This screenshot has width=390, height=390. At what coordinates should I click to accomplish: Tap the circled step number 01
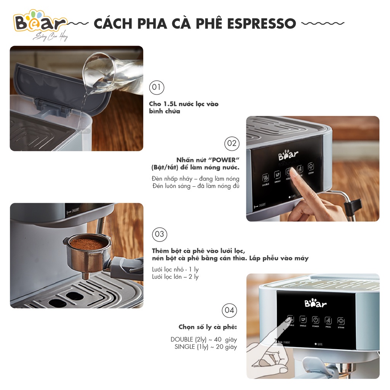tap(156, 88)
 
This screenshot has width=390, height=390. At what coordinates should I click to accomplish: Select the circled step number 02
tap(232, 143)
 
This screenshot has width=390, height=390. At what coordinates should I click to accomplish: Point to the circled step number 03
tap(159, 234)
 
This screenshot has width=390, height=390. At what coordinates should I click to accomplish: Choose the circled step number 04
tap(229, 310)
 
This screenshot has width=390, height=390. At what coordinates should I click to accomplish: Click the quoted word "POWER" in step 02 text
tap(227, 160)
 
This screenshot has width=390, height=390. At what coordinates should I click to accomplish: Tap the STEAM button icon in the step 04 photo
tap(340, 321)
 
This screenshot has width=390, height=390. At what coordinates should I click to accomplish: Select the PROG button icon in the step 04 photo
tap(328, 320)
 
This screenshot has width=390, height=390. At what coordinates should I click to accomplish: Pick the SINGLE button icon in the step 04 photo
tap(303, 320)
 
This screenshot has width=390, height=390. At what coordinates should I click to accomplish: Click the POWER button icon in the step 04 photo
tap(315, 320)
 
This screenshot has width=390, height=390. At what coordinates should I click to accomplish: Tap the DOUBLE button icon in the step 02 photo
tap(265, 178)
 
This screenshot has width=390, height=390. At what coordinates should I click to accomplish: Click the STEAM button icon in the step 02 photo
tap(311, 166)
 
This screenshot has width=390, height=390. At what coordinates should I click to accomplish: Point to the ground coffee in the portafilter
tap(87, 244)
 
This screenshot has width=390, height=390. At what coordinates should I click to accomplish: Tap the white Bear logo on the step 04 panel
tap(315, 304)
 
